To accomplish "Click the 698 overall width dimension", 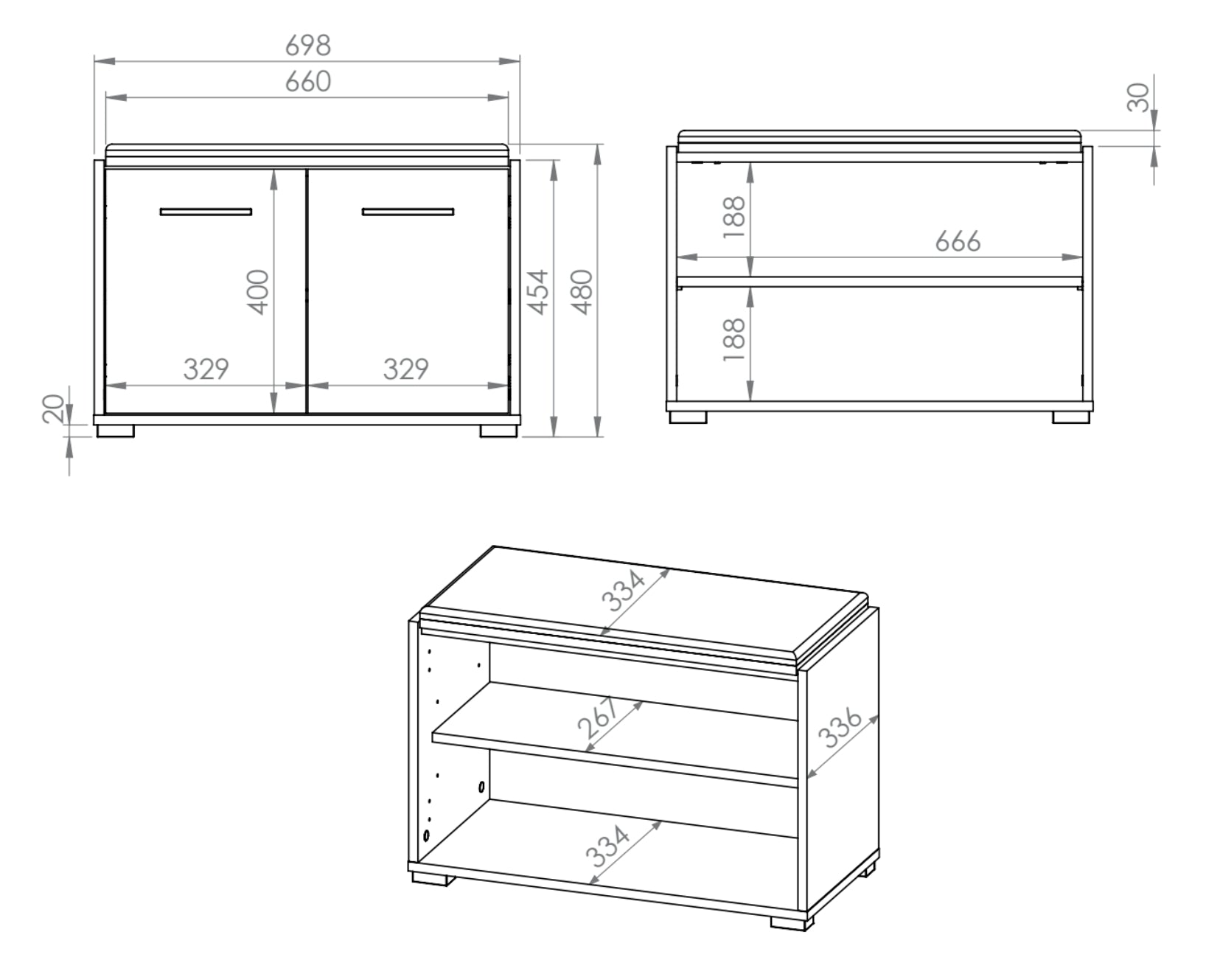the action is point(307,46).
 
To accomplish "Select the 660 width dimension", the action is point(307,82).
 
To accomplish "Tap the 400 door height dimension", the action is point(258,292).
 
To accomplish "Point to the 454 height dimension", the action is point(539,292).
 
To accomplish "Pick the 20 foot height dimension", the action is point(54,408).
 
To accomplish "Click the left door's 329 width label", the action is point(206,369).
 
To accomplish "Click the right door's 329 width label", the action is point(406,369).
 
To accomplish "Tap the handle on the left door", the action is point(206,212).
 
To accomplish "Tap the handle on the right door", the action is point(408,212).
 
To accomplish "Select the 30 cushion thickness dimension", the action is point(1138,97).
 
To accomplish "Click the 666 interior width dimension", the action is point(958,241).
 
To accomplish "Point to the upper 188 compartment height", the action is point(734,217).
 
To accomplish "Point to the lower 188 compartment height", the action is point(734,340).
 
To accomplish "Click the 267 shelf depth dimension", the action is point(599,718).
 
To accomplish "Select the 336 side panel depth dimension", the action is point(840,728).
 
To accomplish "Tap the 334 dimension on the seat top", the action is point(623,591).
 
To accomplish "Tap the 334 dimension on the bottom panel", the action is point(607,846).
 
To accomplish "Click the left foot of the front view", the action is point(116,431).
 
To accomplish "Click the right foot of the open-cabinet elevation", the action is point(1071,418).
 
